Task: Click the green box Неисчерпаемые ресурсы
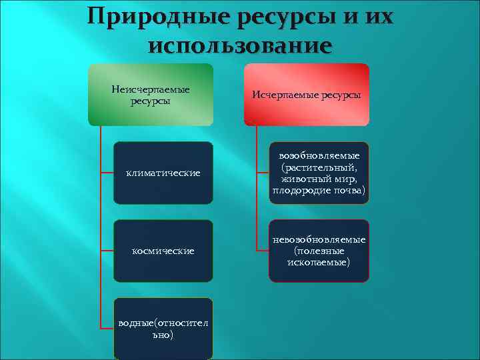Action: [151, 95]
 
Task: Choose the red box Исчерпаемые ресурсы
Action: [307, 95]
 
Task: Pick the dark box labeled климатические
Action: [163, 173]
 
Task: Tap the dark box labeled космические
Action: [163, 251]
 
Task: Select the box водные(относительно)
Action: [163, 329]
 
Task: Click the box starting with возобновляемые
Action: [319, 173]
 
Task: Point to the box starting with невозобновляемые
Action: [319, 251]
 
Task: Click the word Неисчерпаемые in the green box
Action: [151, 89]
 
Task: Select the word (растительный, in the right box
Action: [319, 167]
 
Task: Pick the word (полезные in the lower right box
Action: [319, 251]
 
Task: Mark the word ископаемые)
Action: [319, 262]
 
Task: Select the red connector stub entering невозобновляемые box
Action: [263, 251]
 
